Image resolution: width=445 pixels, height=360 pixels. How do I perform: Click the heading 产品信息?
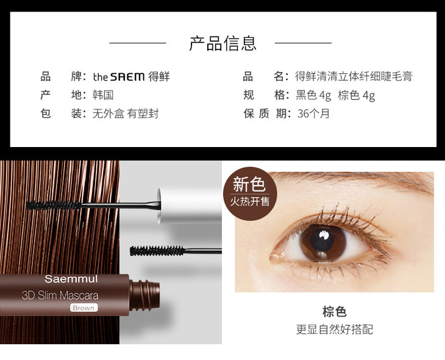click(222, 43)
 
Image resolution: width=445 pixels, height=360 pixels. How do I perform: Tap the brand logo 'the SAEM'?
click(119, 77)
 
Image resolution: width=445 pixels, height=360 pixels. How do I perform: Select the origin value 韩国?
click(103, 95)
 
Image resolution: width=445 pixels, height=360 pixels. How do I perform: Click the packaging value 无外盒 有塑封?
click(126, 113)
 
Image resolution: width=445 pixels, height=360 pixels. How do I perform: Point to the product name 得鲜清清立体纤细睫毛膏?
click(354, 76)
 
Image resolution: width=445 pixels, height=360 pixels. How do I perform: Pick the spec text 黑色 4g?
click(313, 95)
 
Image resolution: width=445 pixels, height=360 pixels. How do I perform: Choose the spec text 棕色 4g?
click(357, 95)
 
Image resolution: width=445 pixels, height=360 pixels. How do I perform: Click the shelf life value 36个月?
click(313, 113)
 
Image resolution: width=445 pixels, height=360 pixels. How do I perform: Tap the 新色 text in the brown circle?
click(249, 184)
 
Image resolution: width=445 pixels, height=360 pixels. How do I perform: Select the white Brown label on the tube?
click(84, 308)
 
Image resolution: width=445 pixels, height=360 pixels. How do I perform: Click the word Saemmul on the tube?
click(71, 279)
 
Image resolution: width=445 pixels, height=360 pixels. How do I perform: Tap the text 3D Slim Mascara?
click(60, 295)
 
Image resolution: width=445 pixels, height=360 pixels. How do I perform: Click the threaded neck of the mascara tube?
click(144, 295)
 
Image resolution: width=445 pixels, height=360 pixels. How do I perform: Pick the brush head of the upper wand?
click(54, 205)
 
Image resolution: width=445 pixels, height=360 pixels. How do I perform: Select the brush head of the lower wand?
click(157, 251)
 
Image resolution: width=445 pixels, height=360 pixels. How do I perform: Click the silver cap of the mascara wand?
click(190, 205)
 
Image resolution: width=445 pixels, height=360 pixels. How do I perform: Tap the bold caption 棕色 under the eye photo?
click(334, 312)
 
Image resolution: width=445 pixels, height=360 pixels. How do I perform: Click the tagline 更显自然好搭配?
click(334, 329)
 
